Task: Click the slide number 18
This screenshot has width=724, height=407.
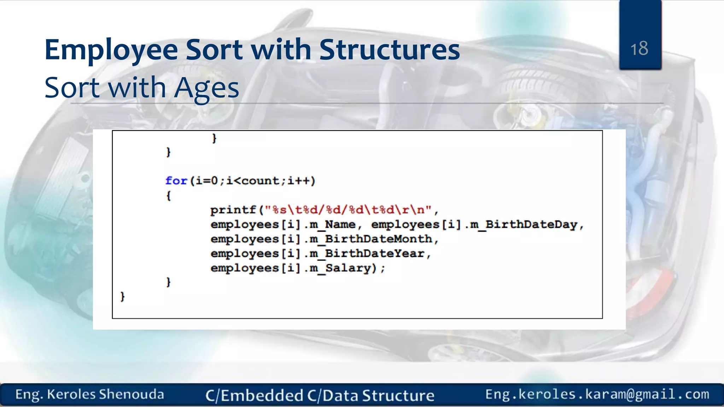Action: click(639, 48)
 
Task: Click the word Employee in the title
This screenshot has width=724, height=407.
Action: click(111, 50)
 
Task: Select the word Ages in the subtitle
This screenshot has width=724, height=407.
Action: click(206, 88)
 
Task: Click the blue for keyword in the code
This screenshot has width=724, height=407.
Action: click(176, 181)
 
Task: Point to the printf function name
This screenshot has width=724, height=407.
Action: click(233, 210)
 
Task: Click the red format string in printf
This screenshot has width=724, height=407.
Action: click(348, 210)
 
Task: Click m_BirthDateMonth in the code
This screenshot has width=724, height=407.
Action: click(371, 239)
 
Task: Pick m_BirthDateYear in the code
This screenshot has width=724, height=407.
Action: click(367, 254)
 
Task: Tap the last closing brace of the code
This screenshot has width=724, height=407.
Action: click(123, 296)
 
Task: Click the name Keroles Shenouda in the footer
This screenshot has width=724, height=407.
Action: click(105, 394)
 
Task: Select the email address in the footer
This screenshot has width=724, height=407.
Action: click(597, 394)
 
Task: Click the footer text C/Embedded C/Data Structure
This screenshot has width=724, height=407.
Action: click(320, 395)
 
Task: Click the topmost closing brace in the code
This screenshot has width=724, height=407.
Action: click(214, 138)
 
